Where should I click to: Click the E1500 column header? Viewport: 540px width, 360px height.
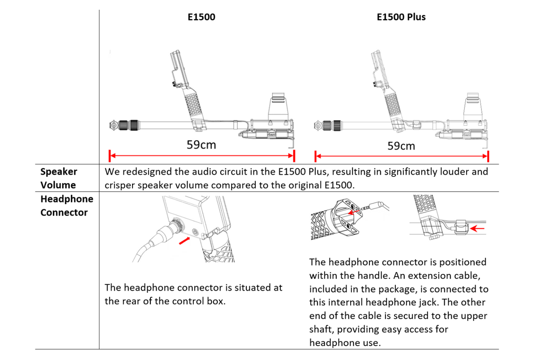201,17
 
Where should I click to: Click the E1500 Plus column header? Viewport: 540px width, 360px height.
401,17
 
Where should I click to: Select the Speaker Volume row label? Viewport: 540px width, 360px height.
58,178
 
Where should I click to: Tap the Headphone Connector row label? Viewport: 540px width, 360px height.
66,206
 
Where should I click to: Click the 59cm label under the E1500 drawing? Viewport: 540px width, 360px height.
201,145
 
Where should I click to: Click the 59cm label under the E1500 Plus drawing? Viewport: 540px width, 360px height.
401,146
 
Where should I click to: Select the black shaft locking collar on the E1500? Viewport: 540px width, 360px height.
134,125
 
